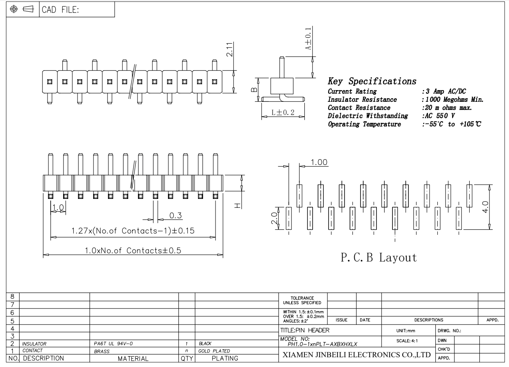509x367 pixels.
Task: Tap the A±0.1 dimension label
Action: pyautogui.click(x=308, y=39)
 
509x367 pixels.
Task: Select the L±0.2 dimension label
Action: pyautogui.click(x=283, y=113)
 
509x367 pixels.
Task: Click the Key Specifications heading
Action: pyautogui.click(x=372, y=81)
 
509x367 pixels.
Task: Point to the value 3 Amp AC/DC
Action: pyautogui.click(x=444, y=92)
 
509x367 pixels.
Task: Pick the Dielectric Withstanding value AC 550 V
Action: pyautogui.click(x=438, y=116)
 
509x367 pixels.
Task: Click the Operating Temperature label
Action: pyautogui.click(x=364, y=124)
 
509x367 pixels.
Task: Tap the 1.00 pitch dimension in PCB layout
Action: pyautogui.click(x=319, y=162)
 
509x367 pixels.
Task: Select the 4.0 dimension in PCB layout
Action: pyautogui.click(x=486, y=206)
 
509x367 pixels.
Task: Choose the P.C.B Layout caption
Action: pyautogui.click(x=379, y=258)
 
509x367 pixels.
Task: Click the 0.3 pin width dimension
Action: pyautogui.click(x=176, y=215)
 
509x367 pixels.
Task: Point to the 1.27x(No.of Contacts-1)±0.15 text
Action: pyautogui.click(x=133, y=230)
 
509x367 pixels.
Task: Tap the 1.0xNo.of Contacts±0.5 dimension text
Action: pyautogui.click(x=133, y=250)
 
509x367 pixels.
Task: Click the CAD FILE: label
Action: pyautogui.click(x=60, y=10)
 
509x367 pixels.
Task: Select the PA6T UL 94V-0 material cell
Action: pyautogui.click(x=113, y=344)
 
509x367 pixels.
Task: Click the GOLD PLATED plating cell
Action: pyautogui.click(x=214, y=351)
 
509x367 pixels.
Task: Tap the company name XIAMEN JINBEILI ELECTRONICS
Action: pyautogui.click(x=356, y=355)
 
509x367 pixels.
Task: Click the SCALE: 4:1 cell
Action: pyautogui.click(x=407, y=340)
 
